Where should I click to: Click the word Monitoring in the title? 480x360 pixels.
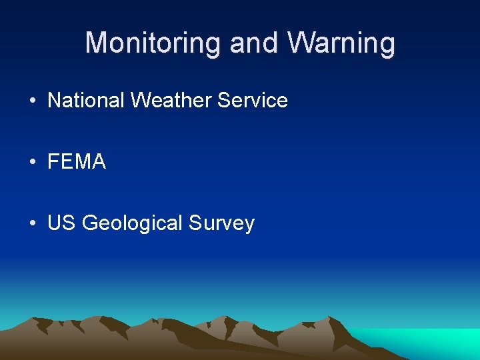154,43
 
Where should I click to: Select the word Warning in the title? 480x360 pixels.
341,43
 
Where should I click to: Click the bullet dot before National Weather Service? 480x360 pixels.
32,101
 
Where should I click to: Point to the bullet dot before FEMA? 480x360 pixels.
32,162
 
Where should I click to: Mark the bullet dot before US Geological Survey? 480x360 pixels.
32,223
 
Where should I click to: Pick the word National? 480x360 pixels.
86,101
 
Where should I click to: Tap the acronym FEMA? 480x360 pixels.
77,162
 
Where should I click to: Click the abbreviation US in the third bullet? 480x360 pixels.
61,223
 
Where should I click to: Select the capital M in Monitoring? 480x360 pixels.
96,43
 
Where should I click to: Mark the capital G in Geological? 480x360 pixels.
89,223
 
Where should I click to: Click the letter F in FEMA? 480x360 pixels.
53,162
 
